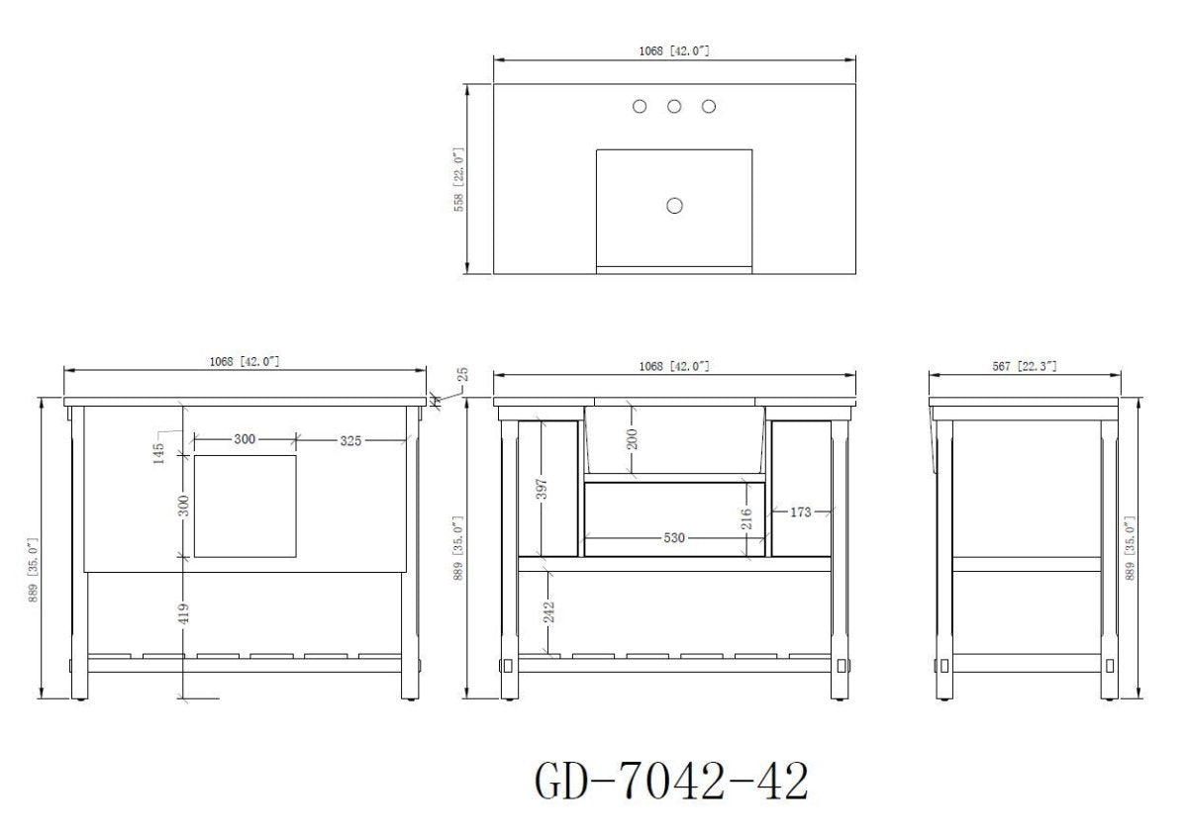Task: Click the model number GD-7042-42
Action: pyautogui.click(x=671, y=782)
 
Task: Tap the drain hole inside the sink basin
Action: pyautogui.click(x=675, y=206)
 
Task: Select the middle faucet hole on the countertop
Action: pyautogui.click(x=674, y=107)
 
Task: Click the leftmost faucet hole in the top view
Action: pyautogui.click(x=641, y=107)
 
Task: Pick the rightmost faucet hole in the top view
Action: pyautogui.click(x=709, y=107)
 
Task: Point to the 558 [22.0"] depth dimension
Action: pyautogui.click(x=458, y=179)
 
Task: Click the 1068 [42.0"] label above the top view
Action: pyautogui.click(x=674, y=50)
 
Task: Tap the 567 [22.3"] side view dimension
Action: pyautogui.click(x=1024, y=366)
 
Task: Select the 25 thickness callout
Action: pyautogui.click(x=462, y=377)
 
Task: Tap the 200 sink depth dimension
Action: pyautogui.click(x=633, y=437)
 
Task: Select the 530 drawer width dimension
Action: pyautogui.click(x=674, y=537)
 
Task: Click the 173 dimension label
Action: pyautogui.click(x=800, y=512)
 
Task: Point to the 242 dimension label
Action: pyautogui.click(x=547, y=611)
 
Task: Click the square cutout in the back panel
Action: pyautogui.click(x=246, y=505)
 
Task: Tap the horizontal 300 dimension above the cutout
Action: pyautogui.click(x=245, y=439)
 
